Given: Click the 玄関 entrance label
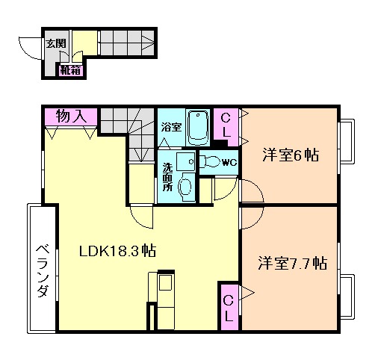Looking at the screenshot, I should [x=55, y=43].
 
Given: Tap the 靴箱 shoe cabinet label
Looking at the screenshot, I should [x=70, y=71].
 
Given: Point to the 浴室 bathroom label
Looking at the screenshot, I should [x=171, y=127].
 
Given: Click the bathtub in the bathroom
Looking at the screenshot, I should [x=198, y=128].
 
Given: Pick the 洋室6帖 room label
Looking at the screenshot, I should [x=291, y=156].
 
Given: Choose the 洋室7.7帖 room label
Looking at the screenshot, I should [x=293, y=264].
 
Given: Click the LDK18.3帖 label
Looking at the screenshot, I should [x=117, y=251].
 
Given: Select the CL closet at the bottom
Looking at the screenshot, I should [x=229, y=307].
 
